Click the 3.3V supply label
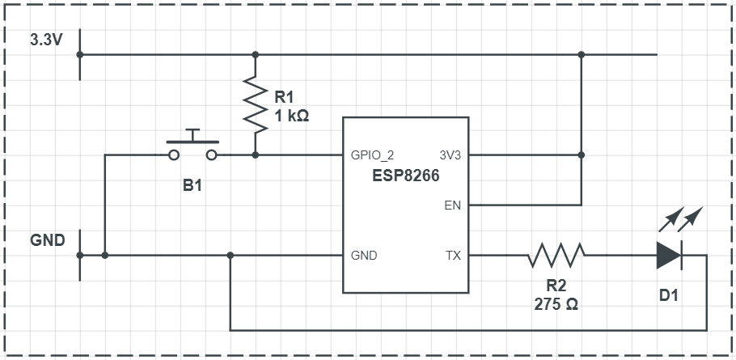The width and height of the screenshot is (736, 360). (x=45, y=40)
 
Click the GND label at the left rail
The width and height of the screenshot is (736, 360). (x=47, y=240)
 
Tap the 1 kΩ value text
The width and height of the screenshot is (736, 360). (x=292, y=116)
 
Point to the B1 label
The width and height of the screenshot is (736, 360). (x=192, y=185)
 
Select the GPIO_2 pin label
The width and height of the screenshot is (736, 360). (x=373, y=155)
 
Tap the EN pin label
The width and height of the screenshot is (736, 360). (x=453, y=205)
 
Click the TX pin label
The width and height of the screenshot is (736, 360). (x=453, y=256)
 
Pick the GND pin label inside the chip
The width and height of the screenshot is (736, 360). (x=364, y=256)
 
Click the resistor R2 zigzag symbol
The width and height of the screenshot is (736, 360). (x=556, y=256)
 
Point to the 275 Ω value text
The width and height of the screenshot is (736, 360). (x=556, y=305)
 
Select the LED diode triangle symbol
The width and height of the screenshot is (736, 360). (x=669, y=256)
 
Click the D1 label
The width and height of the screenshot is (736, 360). (x=669, y=295)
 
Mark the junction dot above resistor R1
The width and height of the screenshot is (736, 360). (x=256, y=55)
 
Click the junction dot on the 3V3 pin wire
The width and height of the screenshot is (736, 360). (x=582, y=155)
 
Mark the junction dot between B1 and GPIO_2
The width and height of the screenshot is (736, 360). (x=256, y=155)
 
